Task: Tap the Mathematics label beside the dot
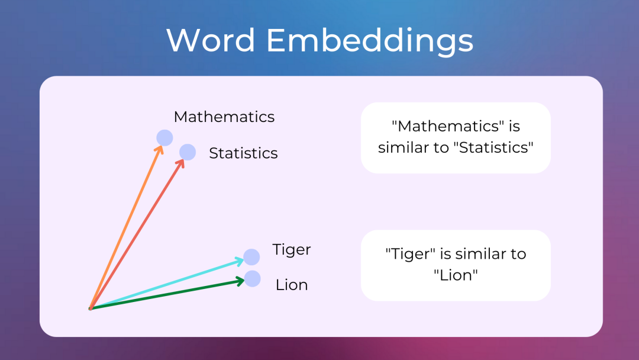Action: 224,117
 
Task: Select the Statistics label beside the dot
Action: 243,153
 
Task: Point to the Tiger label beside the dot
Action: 291,250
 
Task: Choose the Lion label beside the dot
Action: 292,285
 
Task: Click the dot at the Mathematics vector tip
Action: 164,138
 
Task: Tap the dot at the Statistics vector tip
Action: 188,152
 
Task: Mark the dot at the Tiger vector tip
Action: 251,257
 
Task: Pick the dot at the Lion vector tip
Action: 253,279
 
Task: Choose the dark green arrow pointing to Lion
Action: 166,295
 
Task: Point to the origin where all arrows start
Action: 91,308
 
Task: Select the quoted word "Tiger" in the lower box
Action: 411,254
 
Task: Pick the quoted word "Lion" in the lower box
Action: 455,275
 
